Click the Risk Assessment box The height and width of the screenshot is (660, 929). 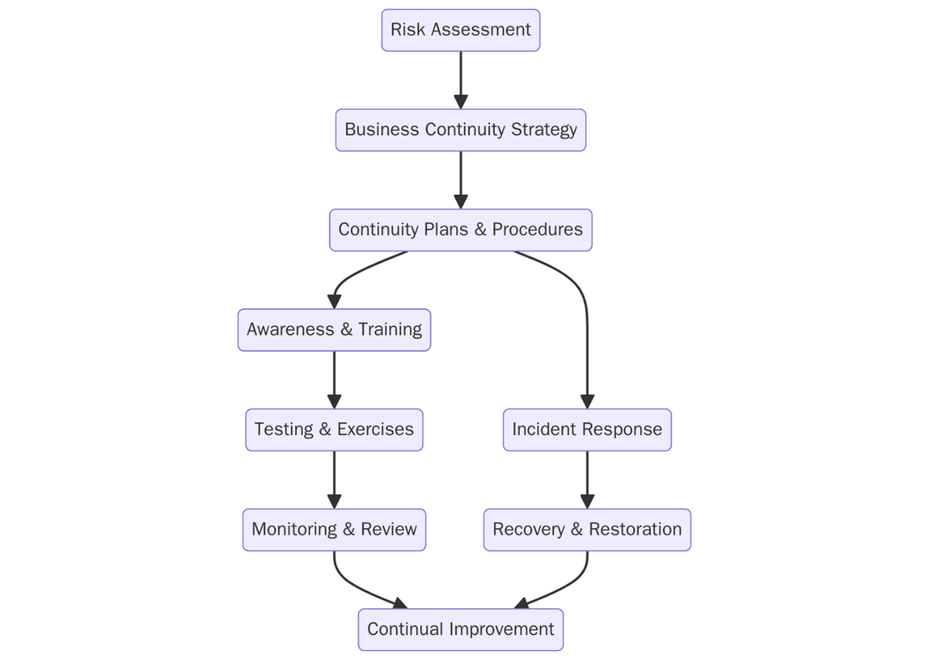(460, 30)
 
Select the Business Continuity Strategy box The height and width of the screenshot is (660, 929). (460, 130)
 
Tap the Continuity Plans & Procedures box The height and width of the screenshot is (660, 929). (460, 230)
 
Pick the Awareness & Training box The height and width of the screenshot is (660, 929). (333, 330)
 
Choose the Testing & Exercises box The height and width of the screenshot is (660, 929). (333, 429)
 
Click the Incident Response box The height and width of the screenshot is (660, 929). (587, 429)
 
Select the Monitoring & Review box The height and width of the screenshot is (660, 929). (333, 529)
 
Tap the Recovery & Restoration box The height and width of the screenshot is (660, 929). (587, 529)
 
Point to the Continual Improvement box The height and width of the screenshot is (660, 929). (460, 629)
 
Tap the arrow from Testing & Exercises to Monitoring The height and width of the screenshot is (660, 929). (334, 479)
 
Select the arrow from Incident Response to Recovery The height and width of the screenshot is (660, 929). (587, 479)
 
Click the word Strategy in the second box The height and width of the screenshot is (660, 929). (544, 129)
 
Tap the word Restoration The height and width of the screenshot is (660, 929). (635, 529)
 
